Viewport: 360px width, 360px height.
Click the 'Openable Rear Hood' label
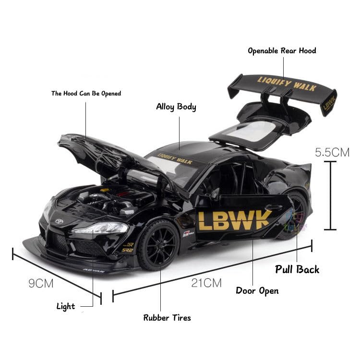click(x=282, y=50)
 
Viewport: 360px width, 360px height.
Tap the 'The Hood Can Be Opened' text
click(x=86, y=93)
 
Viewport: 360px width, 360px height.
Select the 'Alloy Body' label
click(x=176, y=107)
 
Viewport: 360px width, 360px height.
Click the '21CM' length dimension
click(x=206, y=283)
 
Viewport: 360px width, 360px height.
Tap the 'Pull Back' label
click(x=297, y=269)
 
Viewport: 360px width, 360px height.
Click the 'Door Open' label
click(x=257, y=290)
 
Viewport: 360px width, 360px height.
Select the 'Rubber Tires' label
click(x=167, y=317)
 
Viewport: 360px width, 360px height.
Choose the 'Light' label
click(x=66, y=306)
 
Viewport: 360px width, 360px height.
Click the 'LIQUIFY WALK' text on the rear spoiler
click(x=287, y=84)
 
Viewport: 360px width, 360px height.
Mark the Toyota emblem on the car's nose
click(x=60, y=222)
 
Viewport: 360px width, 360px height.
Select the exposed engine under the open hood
click(x=108, y=199)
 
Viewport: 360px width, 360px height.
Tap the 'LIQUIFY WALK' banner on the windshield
click(x=175, y=158)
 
